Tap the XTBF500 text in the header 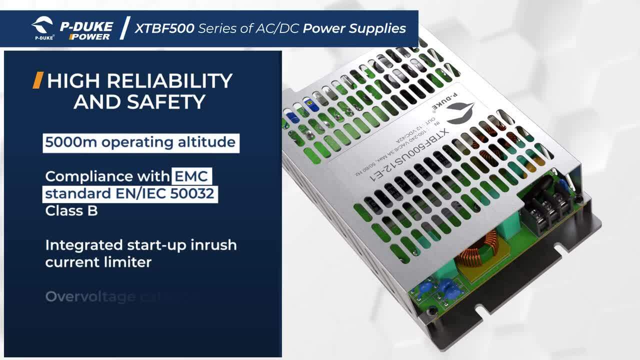tap(164, 28)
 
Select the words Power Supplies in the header tap(354, 28)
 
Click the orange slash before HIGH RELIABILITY tap(37, 80)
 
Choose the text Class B tap(71, 210)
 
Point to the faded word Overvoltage tap(90, 296)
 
